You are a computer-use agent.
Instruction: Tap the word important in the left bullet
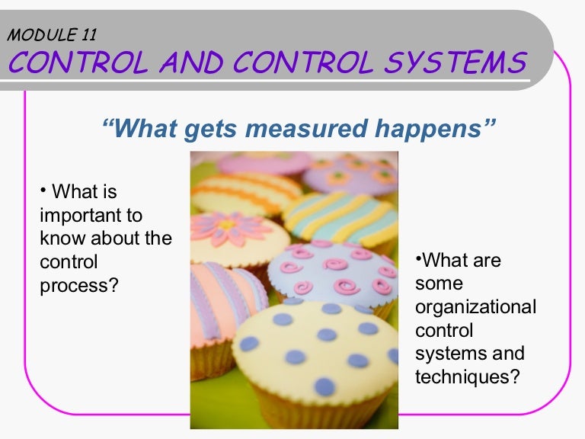91,216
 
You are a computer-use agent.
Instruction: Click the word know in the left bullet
61,239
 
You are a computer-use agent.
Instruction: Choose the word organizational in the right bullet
475,307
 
